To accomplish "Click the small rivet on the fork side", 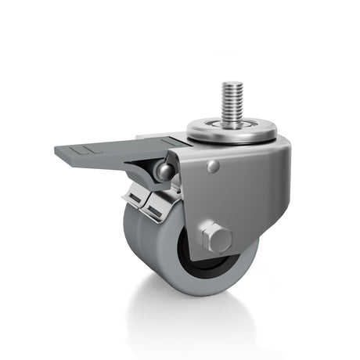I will coord(213,166).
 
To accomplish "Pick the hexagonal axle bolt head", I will coord(215,237).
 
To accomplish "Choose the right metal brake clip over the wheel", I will coord(161,207).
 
